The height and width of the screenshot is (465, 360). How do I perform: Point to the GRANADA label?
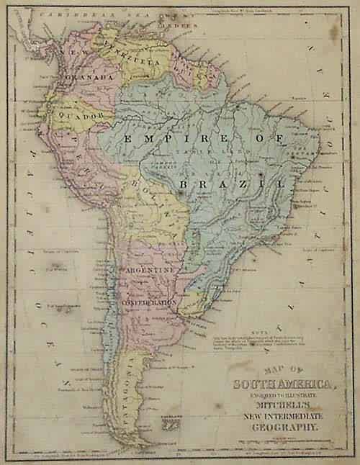coord(89,76)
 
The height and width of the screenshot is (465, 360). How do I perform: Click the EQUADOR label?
coord(87,114)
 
